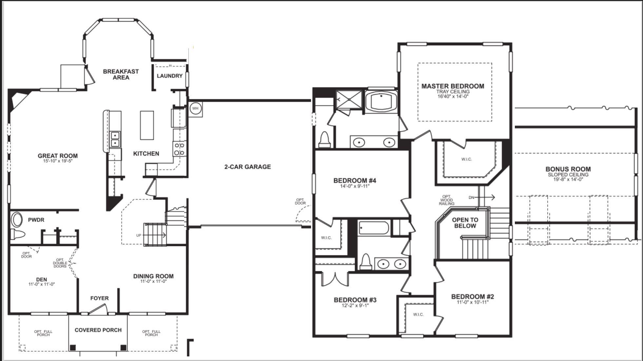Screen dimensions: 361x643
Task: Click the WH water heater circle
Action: coord(195,108)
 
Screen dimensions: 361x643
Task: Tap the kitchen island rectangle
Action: coord(147,125)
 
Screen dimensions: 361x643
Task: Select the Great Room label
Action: coord(58,156)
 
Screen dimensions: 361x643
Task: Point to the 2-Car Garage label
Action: coord(247,167)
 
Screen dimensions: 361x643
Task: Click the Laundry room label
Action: coord(169,76)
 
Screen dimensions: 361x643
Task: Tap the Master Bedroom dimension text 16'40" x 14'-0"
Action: coord(453,96)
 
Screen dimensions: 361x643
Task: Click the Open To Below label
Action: coord(465,223)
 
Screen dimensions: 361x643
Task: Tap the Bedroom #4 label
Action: coord(355,180)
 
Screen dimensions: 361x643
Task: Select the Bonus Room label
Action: coord(568,169)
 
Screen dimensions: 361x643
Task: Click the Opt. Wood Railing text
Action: coord(446,200)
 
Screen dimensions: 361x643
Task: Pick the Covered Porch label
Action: coord(98,330)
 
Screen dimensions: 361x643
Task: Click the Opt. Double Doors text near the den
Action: coord(60,263)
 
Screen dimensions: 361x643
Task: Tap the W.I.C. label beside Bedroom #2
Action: coord(418,314)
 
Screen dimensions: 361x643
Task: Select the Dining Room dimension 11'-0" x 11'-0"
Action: coord(153,281)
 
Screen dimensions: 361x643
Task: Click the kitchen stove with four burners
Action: coord(179,149)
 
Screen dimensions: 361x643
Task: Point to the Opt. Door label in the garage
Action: coord(300,201)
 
